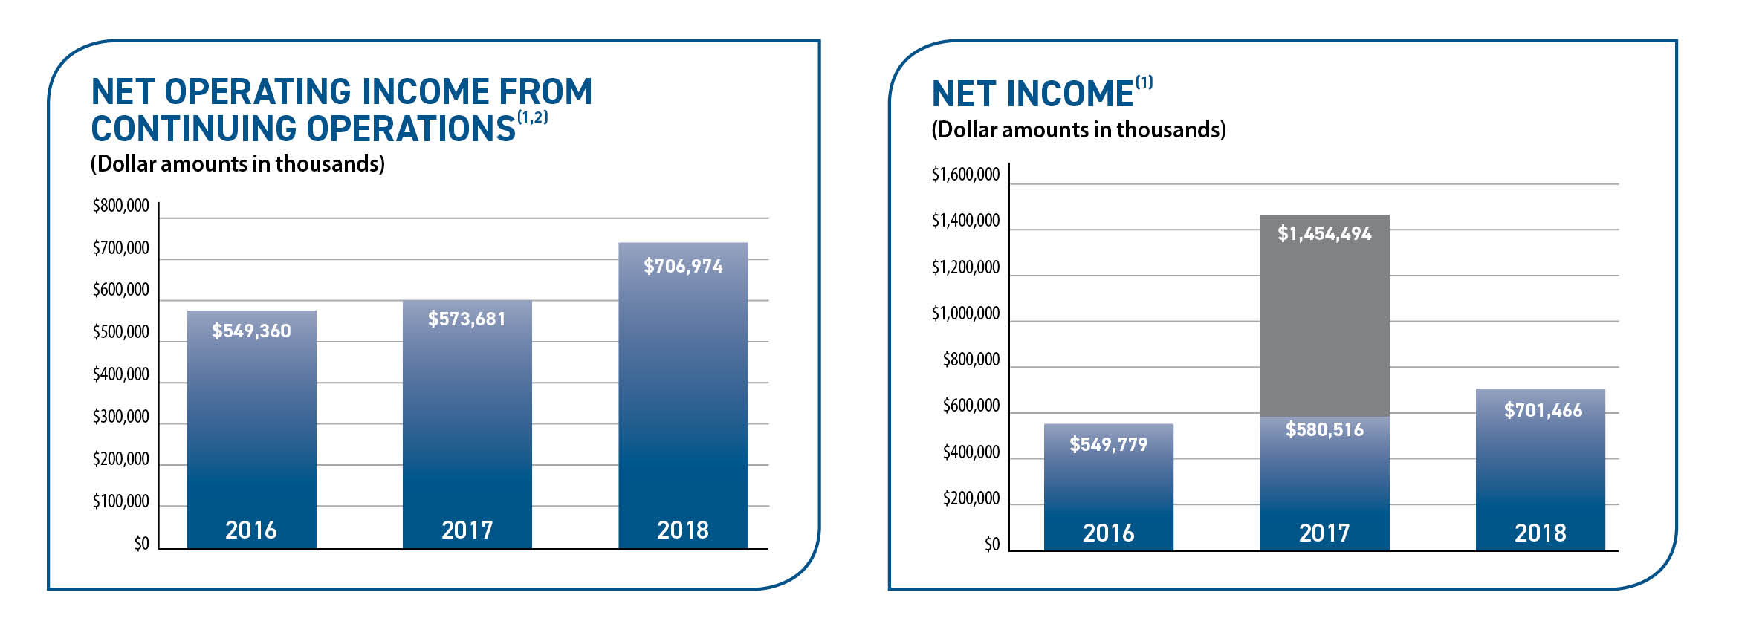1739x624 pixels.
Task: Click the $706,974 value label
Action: (683, 266)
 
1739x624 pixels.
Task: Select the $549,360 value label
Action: (251, 331)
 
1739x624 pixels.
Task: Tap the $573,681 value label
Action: (467, 319)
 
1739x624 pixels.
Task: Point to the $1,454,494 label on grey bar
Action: (1324, 233)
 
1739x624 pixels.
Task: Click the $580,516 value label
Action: (1324, 429)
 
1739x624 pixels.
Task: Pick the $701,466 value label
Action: (1543, 410)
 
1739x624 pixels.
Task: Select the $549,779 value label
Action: (1108, 444)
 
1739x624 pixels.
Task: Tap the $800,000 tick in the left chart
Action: (120, 206)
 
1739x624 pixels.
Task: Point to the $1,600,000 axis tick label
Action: (965, 175)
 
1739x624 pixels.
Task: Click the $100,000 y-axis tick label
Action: (120, 501)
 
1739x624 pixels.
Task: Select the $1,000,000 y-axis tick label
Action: (965, 313)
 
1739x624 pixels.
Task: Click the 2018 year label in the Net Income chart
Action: (1540, 533)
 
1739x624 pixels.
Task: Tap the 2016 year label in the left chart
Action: (251, 530)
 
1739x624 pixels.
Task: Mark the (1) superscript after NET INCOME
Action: (1144, 82)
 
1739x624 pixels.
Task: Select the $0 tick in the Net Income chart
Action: (992, 545)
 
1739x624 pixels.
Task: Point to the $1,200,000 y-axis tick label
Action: (965, 267)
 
